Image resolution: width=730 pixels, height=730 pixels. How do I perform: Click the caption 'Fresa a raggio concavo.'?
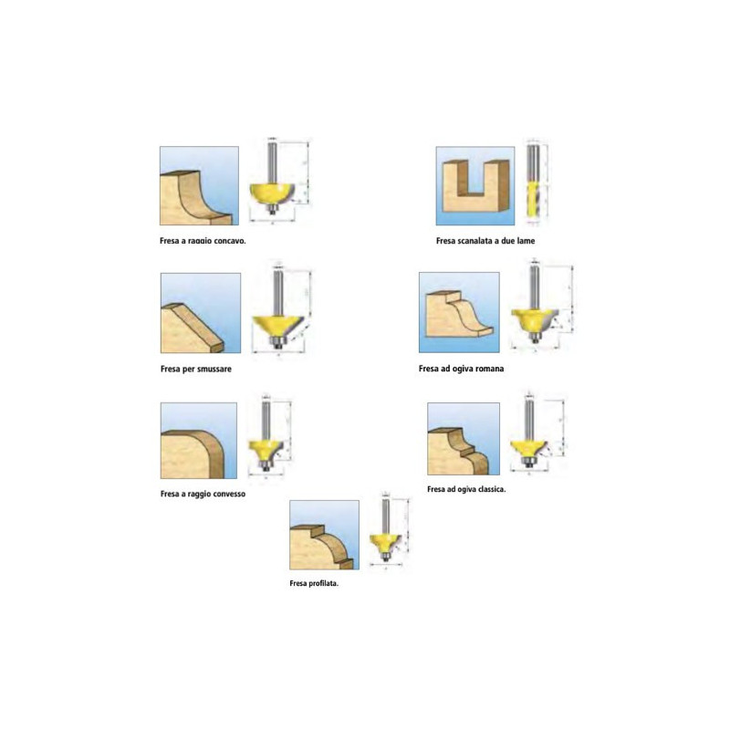203,243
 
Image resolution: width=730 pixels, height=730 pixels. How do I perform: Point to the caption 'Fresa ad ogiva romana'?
462,370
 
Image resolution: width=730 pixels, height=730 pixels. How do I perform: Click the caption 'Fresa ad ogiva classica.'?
466,489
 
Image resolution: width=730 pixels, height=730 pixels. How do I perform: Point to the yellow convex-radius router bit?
266,448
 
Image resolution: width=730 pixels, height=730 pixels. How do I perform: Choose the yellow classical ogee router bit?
529,446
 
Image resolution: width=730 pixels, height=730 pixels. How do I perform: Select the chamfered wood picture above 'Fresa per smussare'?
200,313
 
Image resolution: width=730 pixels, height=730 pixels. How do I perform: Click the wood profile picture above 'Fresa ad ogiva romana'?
459,312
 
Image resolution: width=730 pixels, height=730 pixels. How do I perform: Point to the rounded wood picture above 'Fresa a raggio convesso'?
198,442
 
